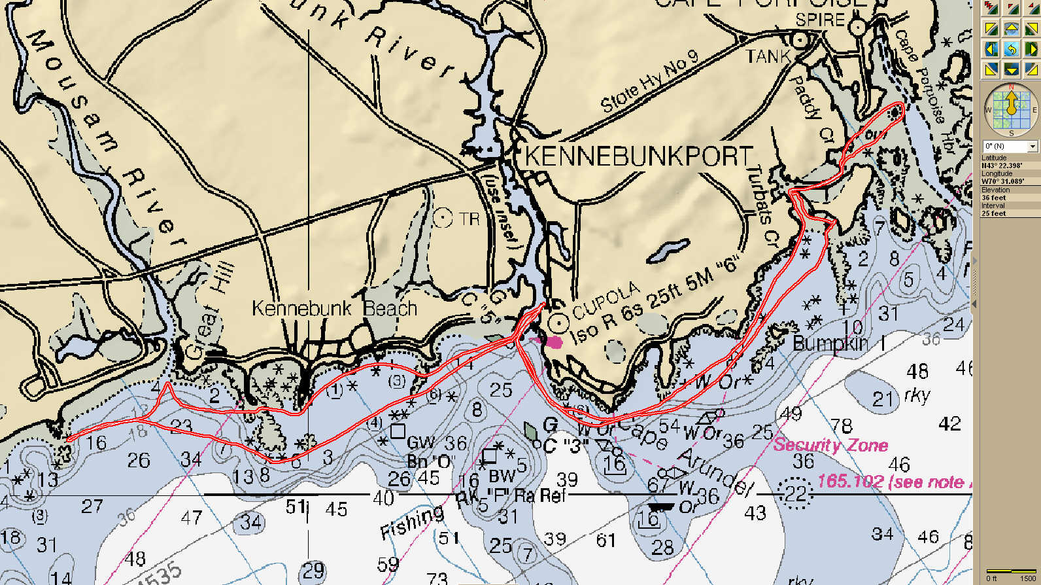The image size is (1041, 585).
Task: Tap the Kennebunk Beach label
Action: point(334,308)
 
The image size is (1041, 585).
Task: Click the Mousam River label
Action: point(105,137)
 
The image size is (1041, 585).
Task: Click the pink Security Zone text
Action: point(830,445)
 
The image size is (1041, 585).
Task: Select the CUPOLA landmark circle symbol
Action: point(558,322)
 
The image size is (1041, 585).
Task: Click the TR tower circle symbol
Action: point(443,218)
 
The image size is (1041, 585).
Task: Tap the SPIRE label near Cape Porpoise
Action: point(820,20)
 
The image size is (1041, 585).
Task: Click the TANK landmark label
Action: point(768,57)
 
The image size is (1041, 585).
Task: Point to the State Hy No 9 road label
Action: point(649,81)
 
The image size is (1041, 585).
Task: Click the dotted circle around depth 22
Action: point(795,492)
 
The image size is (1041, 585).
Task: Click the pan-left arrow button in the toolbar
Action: point(991,49)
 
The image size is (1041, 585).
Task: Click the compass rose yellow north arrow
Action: point(1011,103)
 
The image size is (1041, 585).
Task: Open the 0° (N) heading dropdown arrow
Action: point(1032,146)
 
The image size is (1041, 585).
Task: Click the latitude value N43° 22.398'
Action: point(1001,166)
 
